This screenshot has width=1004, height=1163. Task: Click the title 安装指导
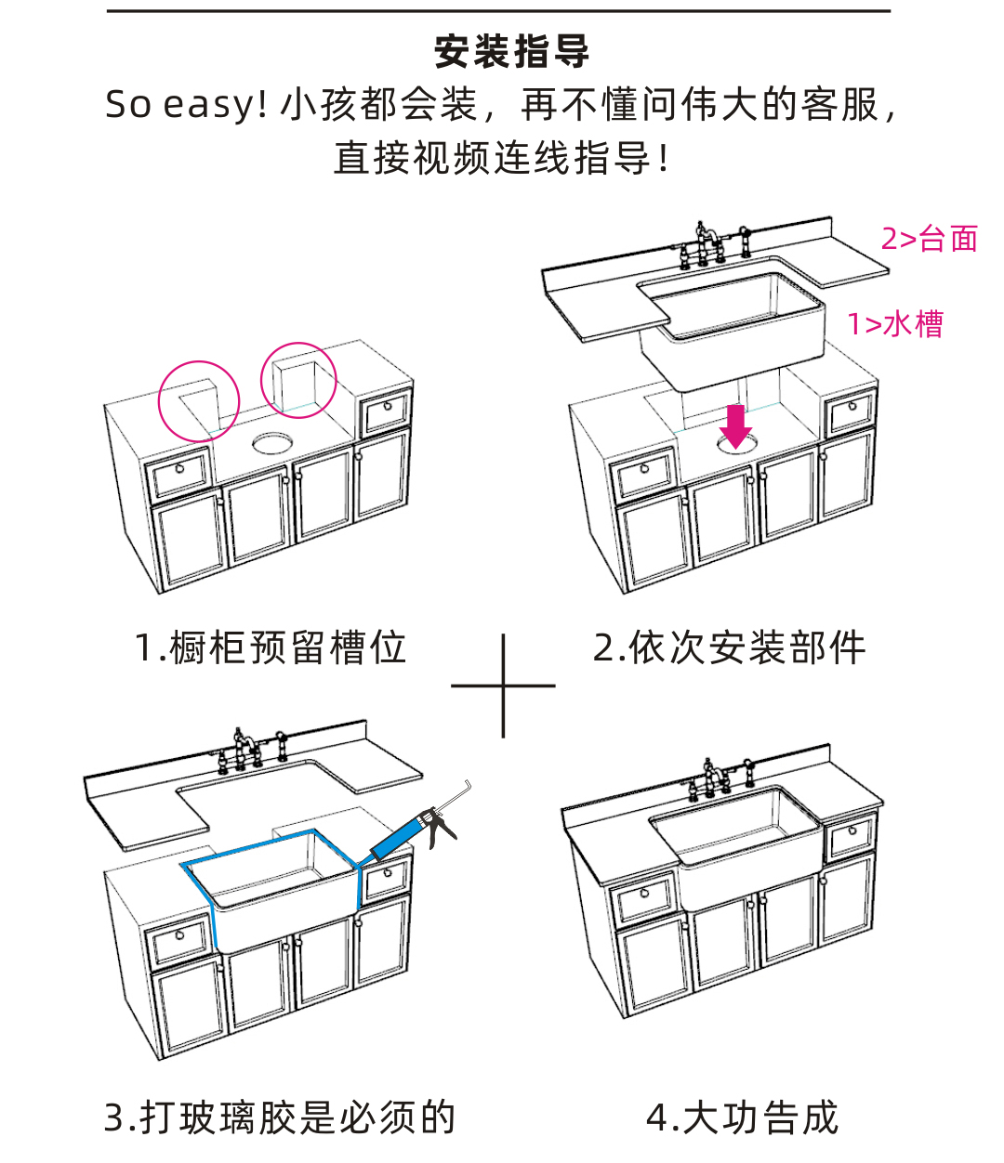pos(511,52)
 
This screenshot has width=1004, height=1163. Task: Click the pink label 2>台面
pos(929,239)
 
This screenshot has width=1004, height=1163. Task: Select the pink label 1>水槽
pos(894,324)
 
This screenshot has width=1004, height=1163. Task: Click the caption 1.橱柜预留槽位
pos(271,647)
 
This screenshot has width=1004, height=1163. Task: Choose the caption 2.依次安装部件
pos(729,647)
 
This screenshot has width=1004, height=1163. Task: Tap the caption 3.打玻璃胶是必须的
pos(280,1117)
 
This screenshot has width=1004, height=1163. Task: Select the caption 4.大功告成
pos(742,1117)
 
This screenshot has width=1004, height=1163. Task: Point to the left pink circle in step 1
pos(199,400)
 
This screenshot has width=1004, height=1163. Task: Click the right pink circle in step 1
pos(298,379)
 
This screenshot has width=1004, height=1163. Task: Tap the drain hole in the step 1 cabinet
pos(271,440)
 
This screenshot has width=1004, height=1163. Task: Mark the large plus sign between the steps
pos(503,686)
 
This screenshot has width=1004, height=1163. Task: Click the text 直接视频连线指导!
pos(502,158)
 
